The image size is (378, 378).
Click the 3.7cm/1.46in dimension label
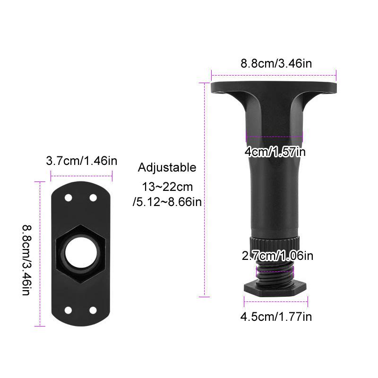tap(81, 161)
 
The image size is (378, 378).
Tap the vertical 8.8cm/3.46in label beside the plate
tap(26, 260)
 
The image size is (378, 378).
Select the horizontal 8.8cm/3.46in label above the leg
tap(276, 63)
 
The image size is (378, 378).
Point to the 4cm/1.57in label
tap(275, 152)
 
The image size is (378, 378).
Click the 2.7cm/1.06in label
tap(277, 256)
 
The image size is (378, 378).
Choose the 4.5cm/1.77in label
tap(276, 317)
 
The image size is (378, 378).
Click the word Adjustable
tap(167, 168)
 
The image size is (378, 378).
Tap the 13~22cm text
tap(167, 187)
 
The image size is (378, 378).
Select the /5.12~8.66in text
tap(167, 202)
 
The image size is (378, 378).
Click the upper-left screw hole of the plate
tap(69, 198)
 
